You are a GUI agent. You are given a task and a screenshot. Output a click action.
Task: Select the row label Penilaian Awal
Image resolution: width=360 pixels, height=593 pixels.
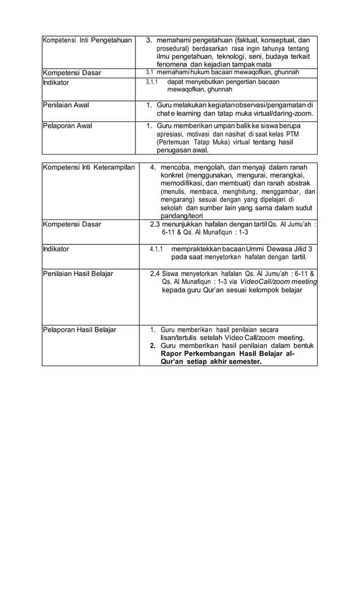(66, 105)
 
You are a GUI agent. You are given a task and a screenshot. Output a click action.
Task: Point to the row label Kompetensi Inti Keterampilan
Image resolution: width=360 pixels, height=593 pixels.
(89, 168)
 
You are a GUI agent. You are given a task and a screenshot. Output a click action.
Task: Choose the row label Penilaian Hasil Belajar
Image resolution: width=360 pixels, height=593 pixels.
(78, 274)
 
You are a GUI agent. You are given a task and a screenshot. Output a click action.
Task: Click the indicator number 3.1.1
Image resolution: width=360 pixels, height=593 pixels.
(151, 82)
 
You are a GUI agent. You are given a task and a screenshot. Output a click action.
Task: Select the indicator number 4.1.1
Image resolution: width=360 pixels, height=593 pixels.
(156, 249)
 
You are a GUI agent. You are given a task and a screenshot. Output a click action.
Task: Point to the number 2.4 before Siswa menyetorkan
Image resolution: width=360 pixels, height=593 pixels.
(155, 274)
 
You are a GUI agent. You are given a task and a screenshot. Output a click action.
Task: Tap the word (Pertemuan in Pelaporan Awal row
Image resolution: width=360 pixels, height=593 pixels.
(175, 143)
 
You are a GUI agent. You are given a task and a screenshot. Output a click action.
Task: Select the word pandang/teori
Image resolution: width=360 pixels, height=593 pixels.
(181, 216)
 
